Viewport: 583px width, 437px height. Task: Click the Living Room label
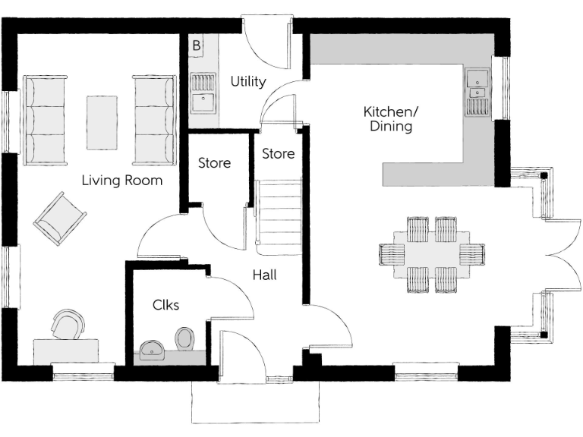coord(122,181)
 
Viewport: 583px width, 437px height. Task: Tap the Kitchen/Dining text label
coord(391,119)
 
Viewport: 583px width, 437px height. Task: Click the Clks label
coord(165,305)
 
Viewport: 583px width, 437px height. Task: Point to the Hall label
coord(264,275)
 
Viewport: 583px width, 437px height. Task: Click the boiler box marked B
coord(196,46)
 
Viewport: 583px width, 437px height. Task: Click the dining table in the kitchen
coord(431,253)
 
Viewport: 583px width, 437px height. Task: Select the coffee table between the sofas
coord(101,121)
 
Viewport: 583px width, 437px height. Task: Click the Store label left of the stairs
coord(214,163)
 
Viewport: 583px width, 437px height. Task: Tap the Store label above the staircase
coord(278,153)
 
